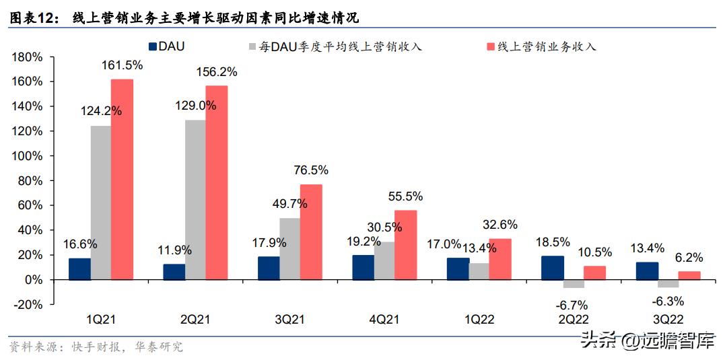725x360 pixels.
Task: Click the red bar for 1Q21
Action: pos(122,179)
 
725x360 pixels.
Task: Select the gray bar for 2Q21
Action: pos(195,199)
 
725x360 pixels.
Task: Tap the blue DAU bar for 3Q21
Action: pos(269,267)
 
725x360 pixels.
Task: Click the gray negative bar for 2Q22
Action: pos(573,283)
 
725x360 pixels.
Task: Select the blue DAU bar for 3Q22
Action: pos(647,271)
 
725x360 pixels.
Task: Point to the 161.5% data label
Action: pos(122,65)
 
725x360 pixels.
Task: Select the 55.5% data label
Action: pos(405,196)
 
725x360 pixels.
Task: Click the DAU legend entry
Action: pos(168,46)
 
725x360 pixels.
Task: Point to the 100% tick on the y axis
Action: pos(28,155)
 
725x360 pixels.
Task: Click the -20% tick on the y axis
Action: pos(28,304)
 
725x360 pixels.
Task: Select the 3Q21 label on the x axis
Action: pos(290,320)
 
